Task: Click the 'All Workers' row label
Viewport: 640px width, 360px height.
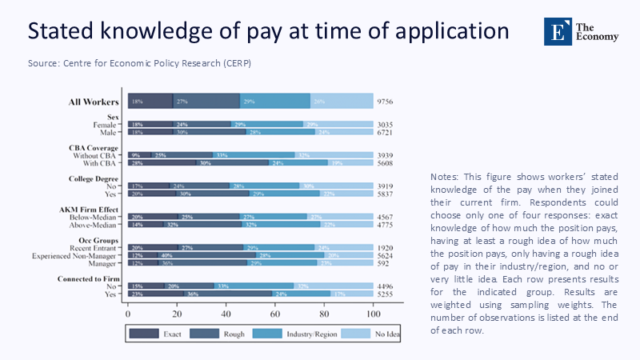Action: tap(94, 102)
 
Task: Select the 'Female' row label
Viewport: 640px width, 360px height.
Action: tap(106, 125)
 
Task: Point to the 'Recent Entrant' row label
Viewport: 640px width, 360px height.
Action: tap(98, 248)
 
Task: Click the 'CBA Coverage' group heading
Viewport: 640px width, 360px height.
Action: tap(95, 147)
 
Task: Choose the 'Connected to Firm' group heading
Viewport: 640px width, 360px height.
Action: tap(90, 278)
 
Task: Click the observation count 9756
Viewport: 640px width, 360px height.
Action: tap(386, 102)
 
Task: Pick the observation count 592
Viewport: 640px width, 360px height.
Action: tap(383, 262)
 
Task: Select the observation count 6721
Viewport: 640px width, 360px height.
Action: tap(386, 132)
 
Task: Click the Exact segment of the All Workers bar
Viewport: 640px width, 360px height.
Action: tap(150, 101)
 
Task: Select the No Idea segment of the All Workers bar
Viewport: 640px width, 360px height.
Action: tap(342, 101)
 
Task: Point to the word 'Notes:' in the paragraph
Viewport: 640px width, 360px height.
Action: tap(443, 176)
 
